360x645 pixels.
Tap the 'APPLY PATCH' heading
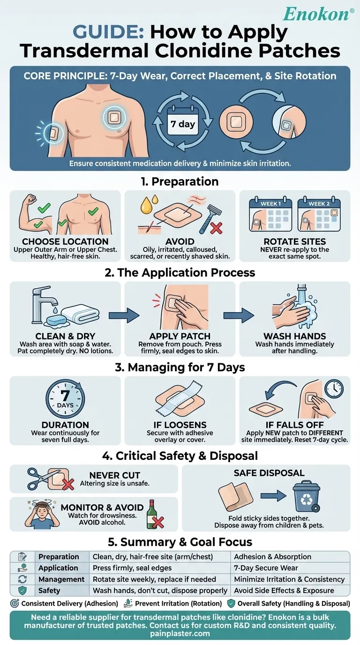click(180, 337)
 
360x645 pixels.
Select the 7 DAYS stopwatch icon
click(65, 399)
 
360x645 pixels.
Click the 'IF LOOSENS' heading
click(180, 425)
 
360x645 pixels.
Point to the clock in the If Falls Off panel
click(334, 389)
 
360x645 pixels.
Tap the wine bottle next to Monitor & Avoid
click(153, 514)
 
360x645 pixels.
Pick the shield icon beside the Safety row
click(22, 590)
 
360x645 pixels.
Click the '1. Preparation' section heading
click(180, 181)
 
